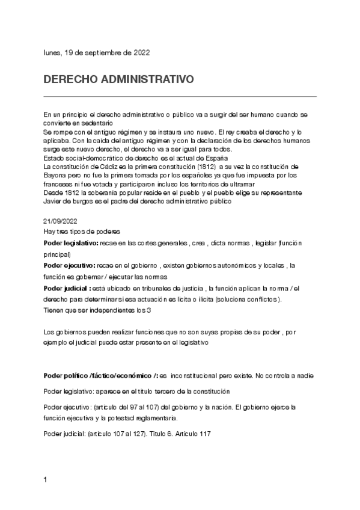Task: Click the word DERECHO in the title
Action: [69, 79]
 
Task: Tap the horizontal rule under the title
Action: [180, 96]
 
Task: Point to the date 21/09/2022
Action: [60, 221]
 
